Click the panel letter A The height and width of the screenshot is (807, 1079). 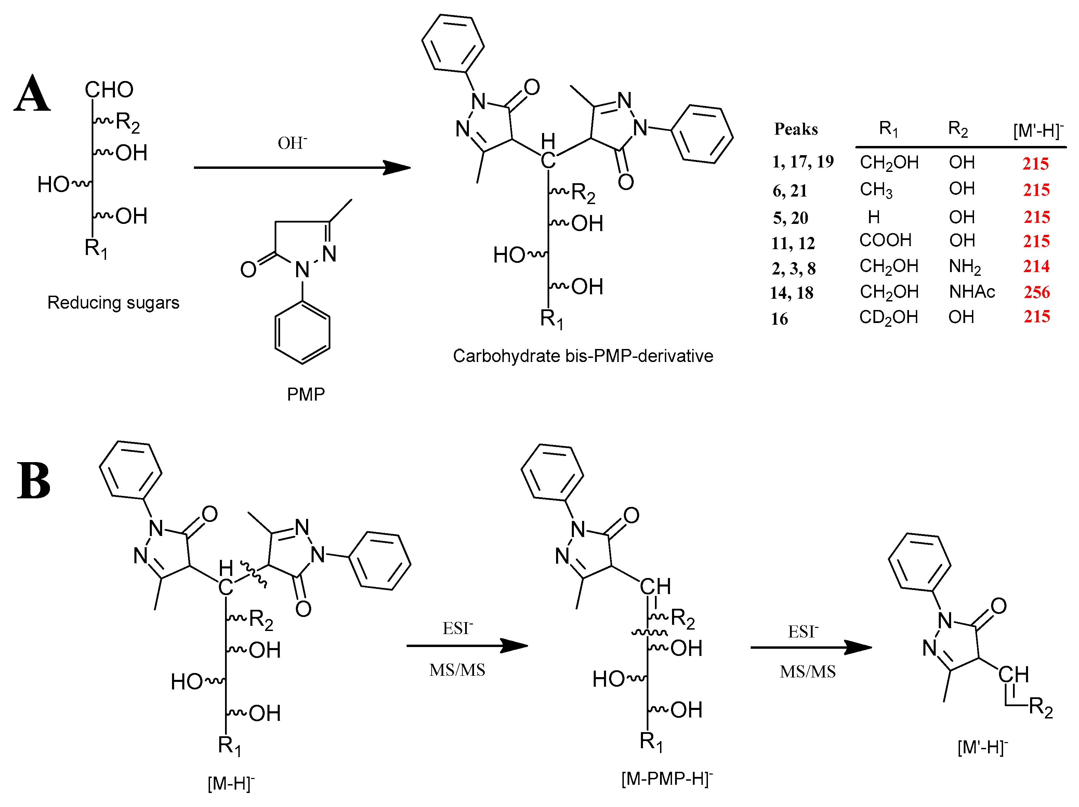[x=32, y=94]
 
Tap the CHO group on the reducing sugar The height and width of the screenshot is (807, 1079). [x=109, y=90]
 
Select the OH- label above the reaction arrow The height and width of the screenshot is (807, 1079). [x=292, y=143]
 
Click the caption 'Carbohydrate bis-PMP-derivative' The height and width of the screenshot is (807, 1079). [x=583, y=356]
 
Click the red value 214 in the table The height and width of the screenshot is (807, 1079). [x=1036, y=266]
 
